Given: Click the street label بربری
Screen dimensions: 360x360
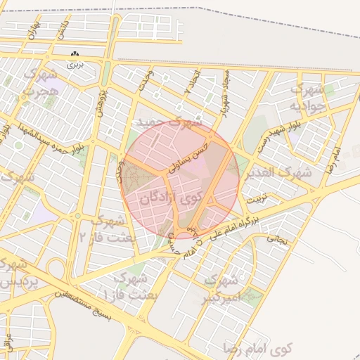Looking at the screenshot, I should [x=75, y=64].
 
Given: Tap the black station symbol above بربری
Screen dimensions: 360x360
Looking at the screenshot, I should [x=75, y=54].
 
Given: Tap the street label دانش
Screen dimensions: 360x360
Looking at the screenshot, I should [x=63, y=29].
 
